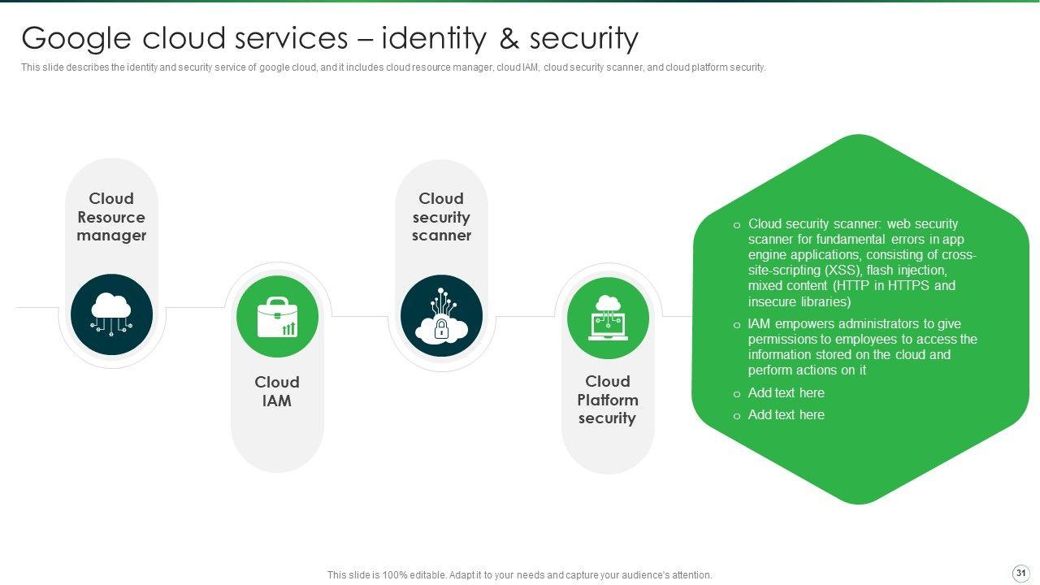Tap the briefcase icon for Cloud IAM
click(x=277, y=317)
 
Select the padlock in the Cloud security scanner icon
click(x=441, y=329)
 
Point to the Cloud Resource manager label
click(x=111, y=217)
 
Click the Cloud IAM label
click(x=277, y=391)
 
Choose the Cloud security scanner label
click(x=441, y=217)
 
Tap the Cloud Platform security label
click(x=607, y=400)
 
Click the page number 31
click(x=1021, y=573)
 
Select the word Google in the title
click(x=76, y=38)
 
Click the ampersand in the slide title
click(x=509, y=38)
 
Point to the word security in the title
click(x=584, y=39)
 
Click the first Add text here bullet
click(x=786, y=392)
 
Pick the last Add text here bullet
click(x=786, y=414)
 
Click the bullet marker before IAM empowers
click(x=736, y=325)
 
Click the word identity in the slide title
click(x=434, y=38)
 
